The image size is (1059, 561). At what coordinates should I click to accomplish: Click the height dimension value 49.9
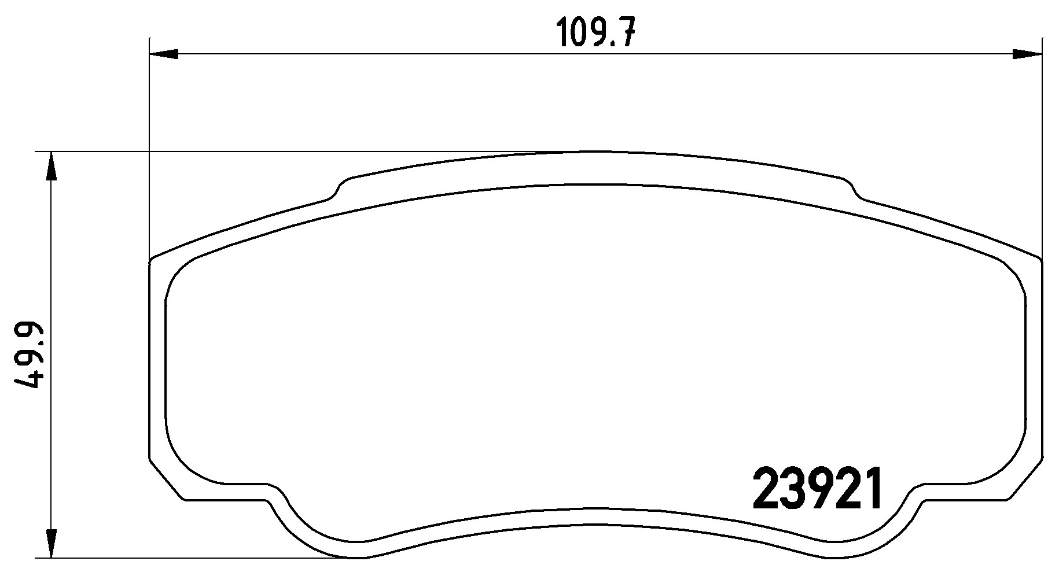28,355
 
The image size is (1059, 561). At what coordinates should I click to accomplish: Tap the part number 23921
818,489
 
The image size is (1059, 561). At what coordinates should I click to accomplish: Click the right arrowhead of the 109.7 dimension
1027,54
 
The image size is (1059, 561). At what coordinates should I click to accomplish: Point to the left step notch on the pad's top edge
337,190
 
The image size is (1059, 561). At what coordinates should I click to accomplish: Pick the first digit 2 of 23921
766,489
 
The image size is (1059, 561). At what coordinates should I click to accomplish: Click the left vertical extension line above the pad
150,145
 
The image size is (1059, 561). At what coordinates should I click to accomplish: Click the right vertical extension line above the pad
1042,145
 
